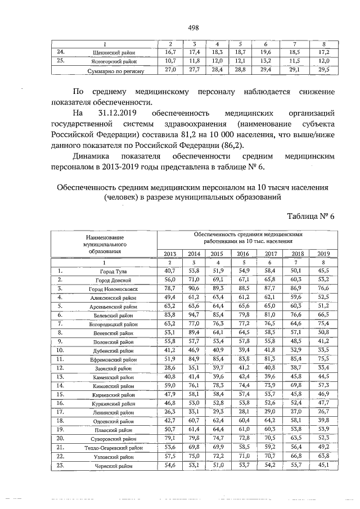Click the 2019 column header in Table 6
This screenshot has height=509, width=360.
tap(323, 254)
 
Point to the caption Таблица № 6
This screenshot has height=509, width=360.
tap(310, 217)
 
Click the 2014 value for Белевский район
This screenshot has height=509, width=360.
tap(194, 315)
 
